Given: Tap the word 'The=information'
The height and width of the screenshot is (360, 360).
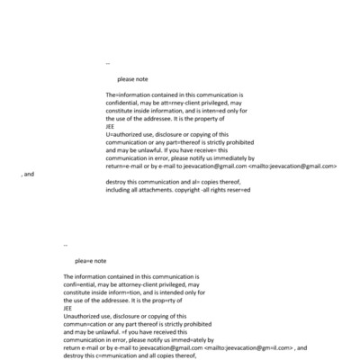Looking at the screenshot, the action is pos(127,94).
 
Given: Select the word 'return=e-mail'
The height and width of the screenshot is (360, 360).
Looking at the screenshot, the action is pos(126,166).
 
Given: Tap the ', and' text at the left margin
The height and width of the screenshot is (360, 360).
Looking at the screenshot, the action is pos(27,174).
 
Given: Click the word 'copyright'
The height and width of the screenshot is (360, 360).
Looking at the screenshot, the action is pos(199,190).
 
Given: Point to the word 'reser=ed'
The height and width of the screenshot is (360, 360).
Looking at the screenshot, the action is pos(239,190).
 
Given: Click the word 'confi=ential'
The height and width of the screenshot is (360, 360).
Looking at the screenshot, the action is pos(83,283).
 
